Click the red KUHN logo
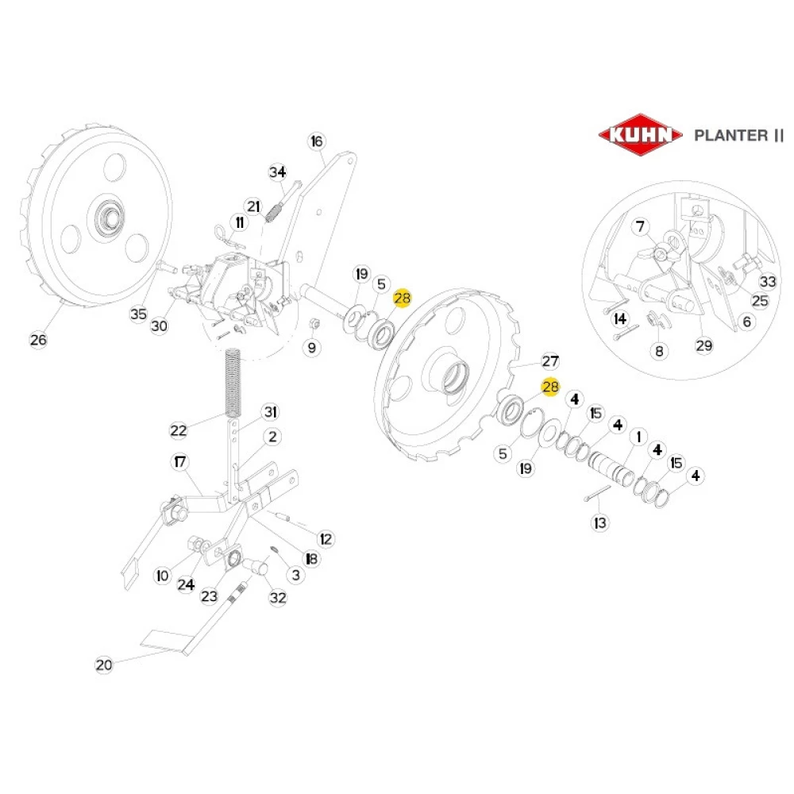(640, 134)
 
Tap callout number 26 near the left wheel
(38, 340)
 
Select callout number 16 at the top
(317, 141)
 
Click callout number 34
(276, 172)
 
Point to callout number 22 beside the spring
(178, 430)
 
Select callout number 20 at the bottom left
(104, 665)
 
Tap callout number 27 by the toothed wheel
(550, 360)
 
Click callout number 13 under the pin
(599, 523)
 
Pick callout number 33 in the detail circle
(767, 282)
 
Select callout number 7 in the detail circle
(641, 228)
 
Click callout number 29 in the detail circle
(704, 345)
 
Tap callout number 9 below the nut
(311, 347)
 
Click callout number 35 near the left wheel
(139, 314)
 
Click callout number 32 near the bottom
(277, 598)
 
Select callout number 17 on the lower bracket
(179, 462)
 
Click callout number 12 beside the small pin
(326, 538)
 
